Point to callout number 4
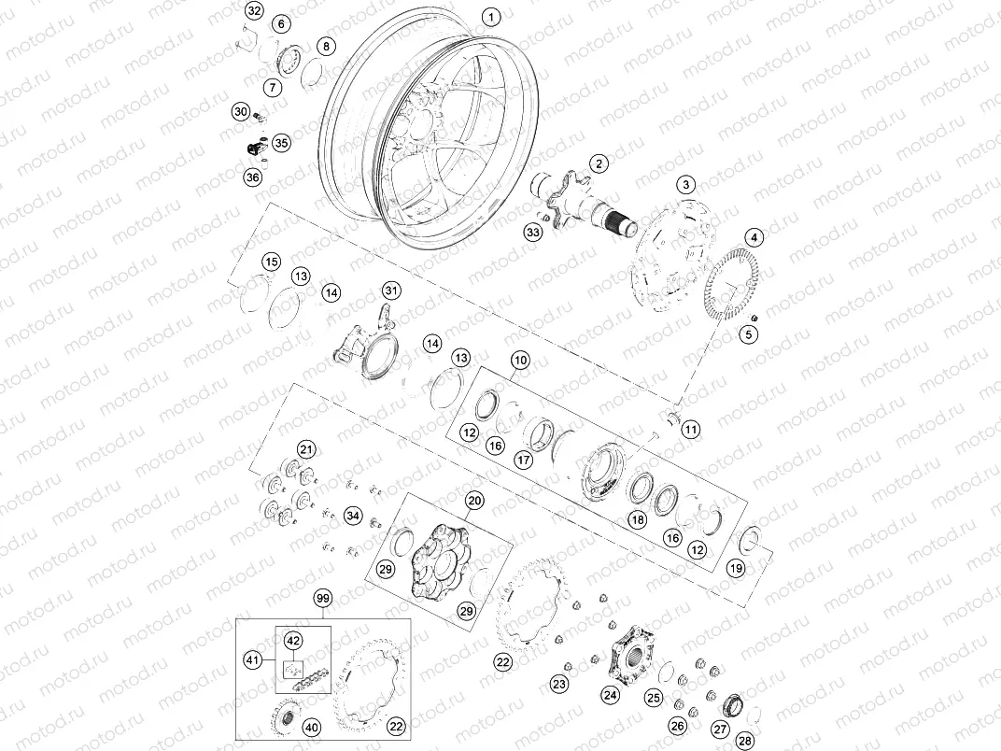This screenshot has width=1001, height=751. coord(754,237)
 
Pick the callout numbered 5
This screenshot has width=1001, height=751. coord(749,333)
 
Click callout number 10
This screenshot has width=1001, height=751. coord(519,360)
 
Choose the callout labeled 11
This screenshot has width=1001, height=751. coord(690,430)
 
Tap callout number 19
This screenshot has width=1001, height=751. coord(736,567)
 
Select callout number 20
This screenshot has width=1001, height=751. coord(474,501)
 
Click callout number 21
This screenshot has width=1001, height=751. coord(306,448)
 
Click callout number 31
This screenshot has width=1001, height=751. coord(391,290)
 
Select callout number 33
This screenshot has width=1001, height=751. coord(533,232)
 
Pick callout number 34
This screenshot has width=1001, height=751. coord(352,515)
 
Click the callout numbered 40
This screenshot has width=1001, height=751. coord(311,728)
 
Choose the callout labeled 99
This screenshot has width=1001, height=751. coord(323,598)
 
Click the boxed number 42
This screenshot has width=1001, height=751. coord(293,641)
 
